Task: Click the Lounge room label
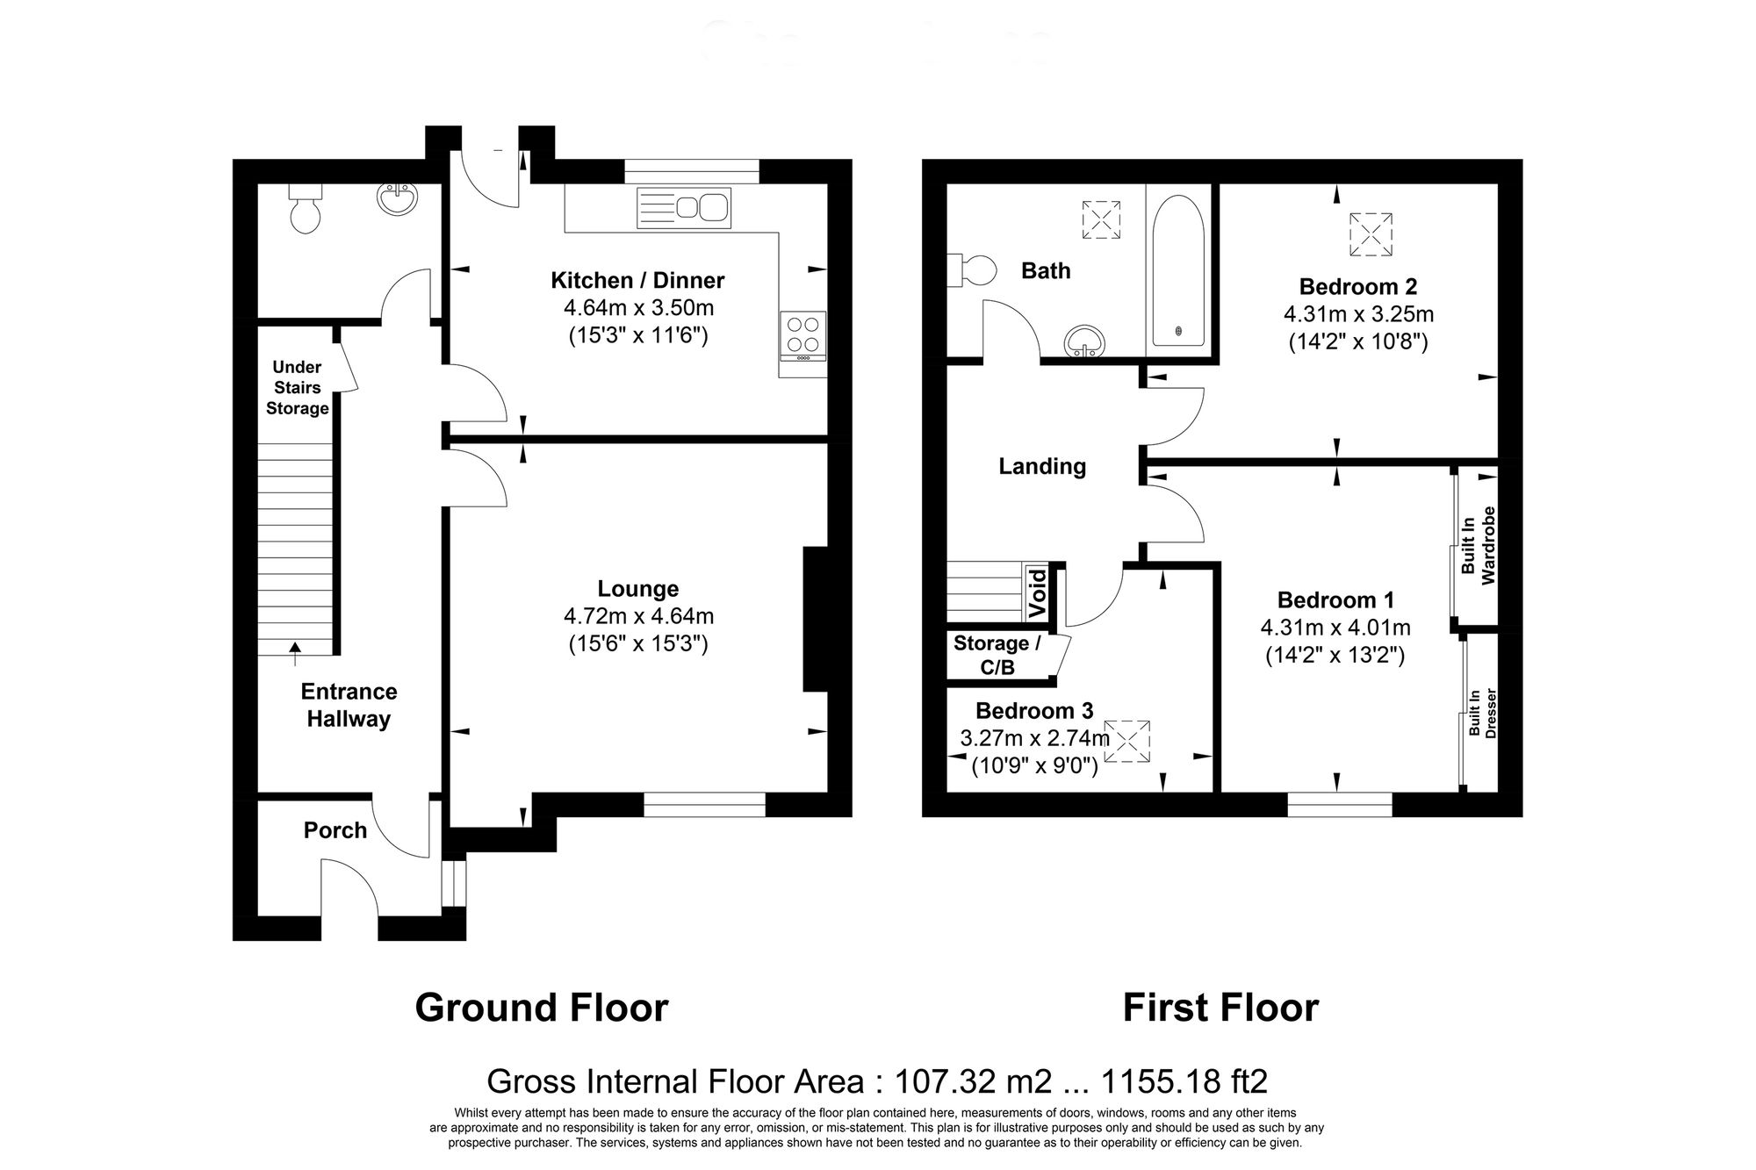coord(638,589)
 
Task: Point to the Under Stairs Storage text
coord(297,387)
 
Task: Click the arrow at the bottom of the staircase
coord(295,648)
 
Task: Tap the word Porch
coord(335,829)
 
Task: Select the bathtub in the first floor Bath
coord(1177,270)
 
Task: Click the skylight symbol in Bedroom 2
coord(1371,233)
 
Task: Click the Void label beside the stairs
coord(1037,592)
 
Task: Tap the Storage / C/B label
coord(997,655)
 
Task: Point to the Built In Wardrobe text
coord(1478,545)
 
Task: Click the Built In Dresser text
coord(1481,713)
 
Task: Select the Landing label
coord(1042,466)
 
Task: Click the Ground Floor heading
coord(541,1008)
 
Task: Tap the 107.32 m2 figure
coord(971,1081)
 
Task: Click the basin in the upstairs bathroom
coord(1082,342)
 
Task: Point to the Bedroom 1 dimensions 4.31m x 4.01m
coord(1335,628)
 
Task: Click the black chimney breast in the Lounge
coord(816,619)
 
